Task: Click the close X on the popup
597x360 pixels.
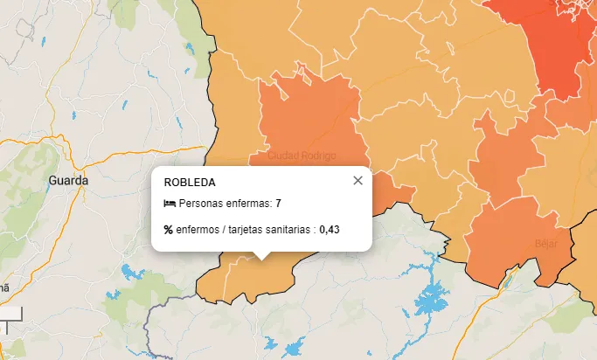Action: (x=358, y=181)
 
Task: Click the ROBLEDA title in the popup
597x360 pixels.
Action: (x=190, y=182)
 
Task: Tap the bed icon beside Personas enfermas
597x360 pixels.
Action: (x=170, y=204)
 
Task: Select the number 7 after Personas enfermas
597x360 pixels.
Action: (x=278, y=204)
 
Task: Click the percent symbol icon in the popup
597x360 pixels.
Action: (x=169, y=230)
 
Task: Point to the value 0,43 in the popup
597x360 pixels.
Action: (x=330, y=230)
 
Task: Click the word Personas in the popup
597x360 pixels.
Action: (x=198, y=204)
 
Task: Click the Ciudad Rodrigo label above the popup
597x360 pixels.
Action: (x=302, y=156)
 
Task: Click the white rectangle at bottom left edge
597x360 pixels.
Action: (x=10, y=312)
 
